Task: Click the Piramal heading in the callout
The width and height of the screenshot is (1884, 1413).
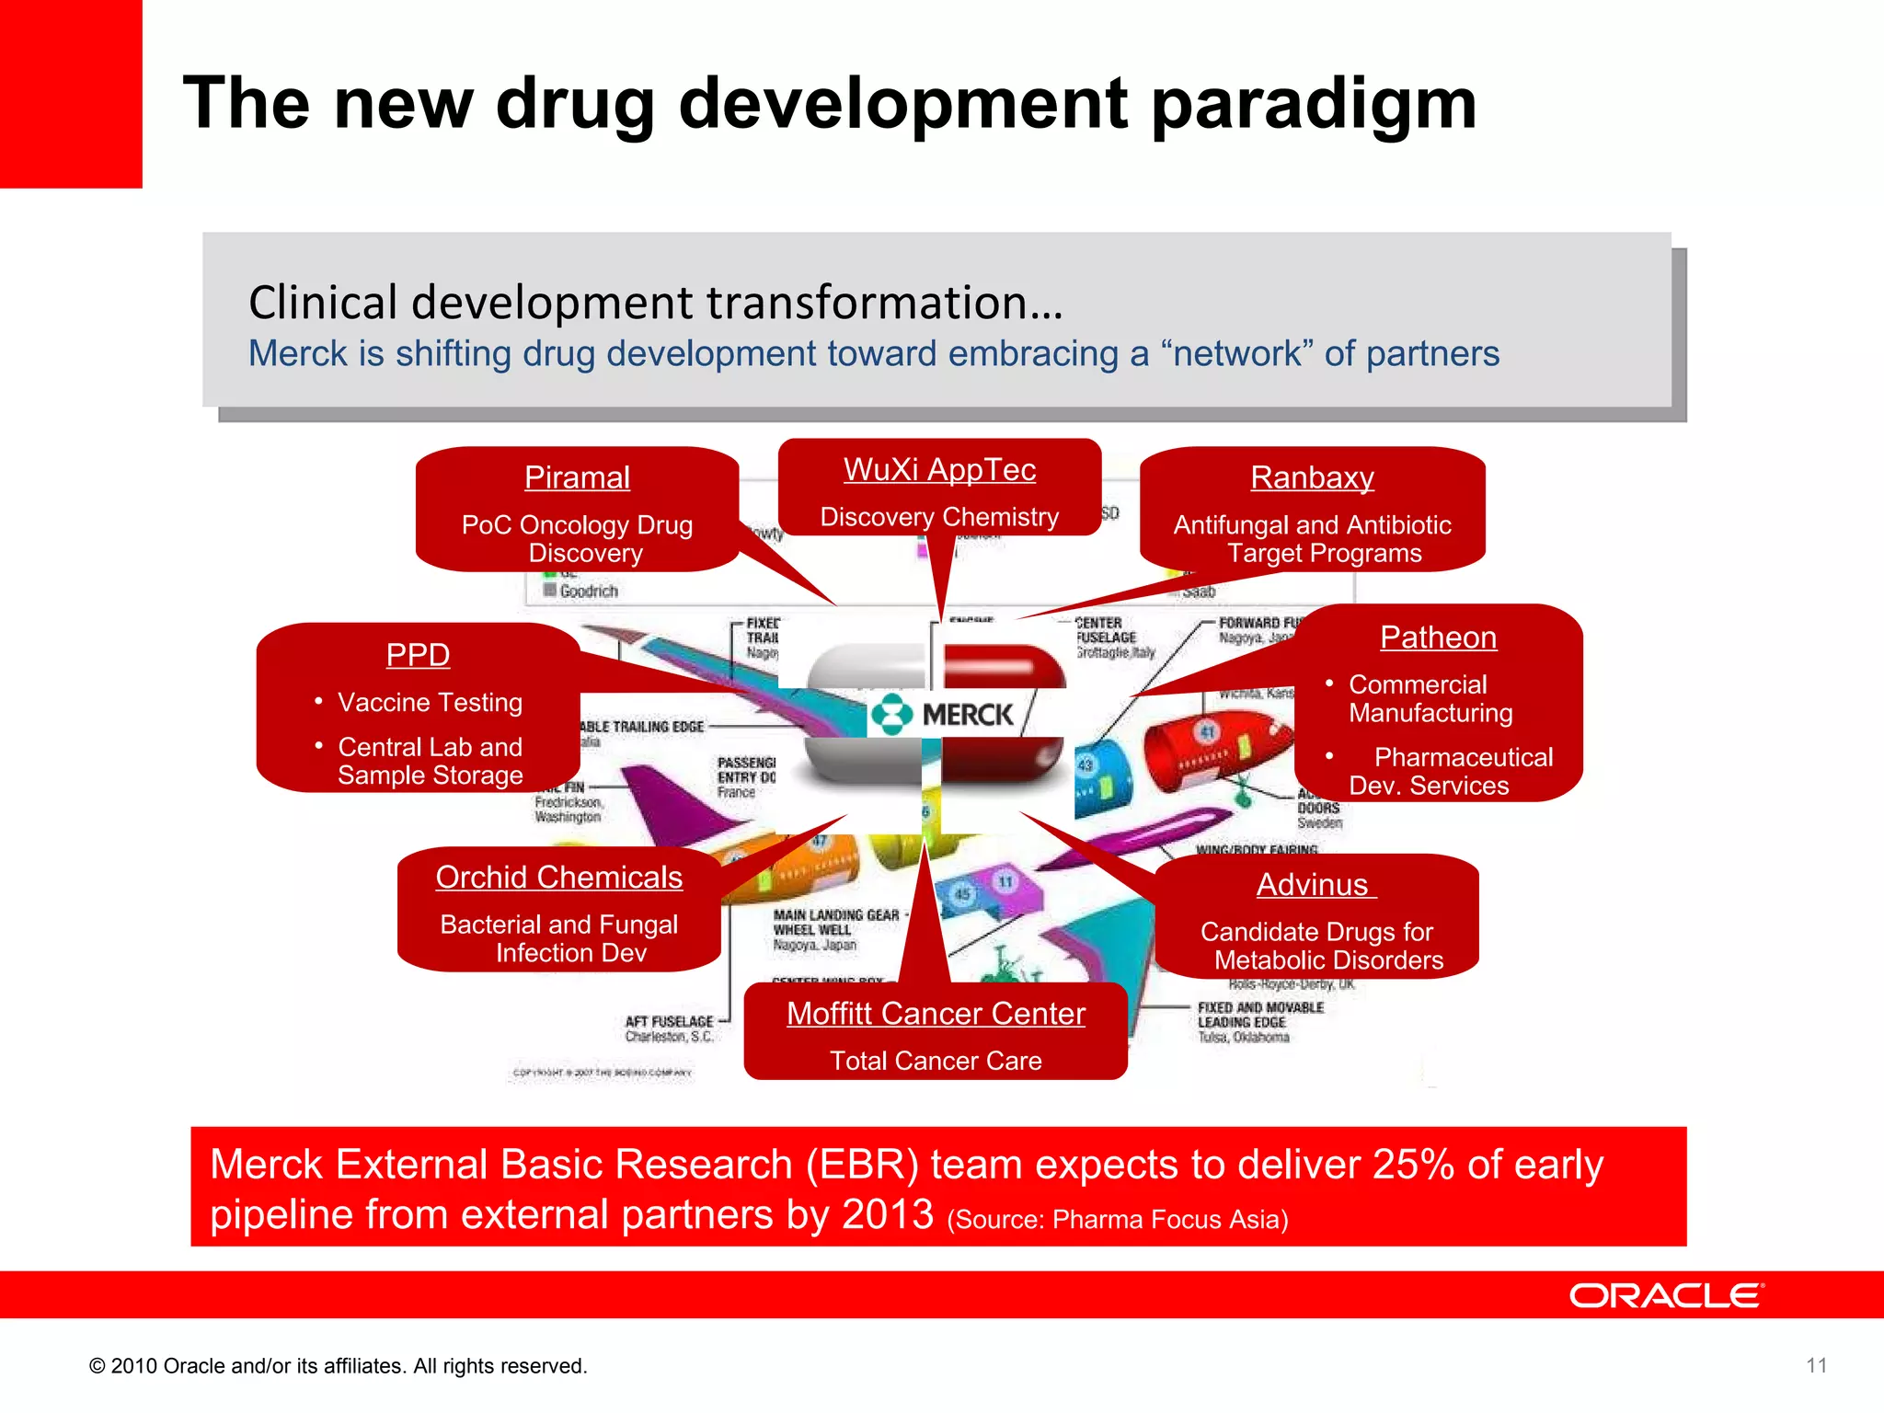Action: point(577,477)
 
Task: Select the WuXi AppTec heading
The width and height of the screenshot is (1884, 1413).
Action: point(939,469)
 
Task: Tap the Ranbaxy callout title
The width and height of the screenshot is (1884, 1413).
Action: point(1312,477)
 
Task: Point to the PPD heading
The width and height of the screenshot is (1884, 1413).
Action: point(418,654)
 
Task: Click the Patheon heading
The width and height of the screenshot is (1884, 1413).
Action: point(1438,637)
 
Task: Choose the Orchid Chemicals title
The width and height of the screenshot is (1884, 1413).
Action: point(558,877)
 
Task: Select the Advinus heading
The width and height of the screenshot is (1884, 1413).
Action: point(1314,884)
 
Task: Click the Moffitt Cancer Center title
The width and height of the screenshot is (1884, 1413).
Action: point(936,1013)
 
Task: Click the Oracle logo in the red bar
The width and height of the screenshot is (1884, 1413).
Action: point(1666,1295)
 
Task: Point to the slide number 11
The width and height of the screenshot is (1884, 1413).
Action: point(1816,1365)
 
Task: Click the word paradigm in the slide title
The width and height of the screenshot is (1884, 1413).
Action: point(1314,103)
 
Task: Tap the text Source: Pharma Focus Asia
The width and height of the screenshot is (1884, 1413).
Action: point(1118,1220)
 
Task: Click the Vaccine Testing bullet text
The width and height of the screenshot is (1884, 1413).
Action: point(430,702)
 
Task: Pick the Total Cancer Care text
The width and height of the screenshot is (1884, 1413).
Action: point(936,1061)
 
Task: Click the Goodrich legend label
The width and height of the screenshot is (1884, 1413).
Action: point(588,591)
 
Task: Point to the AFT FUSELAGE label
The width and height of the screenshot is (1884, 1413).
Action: point(669,1021)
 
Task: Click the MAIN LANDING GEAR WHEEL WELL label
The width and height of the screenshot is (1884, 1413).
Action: point(835,923)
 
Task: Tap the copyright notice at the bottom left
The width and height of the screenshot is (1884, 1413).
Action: point(338,1366)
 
